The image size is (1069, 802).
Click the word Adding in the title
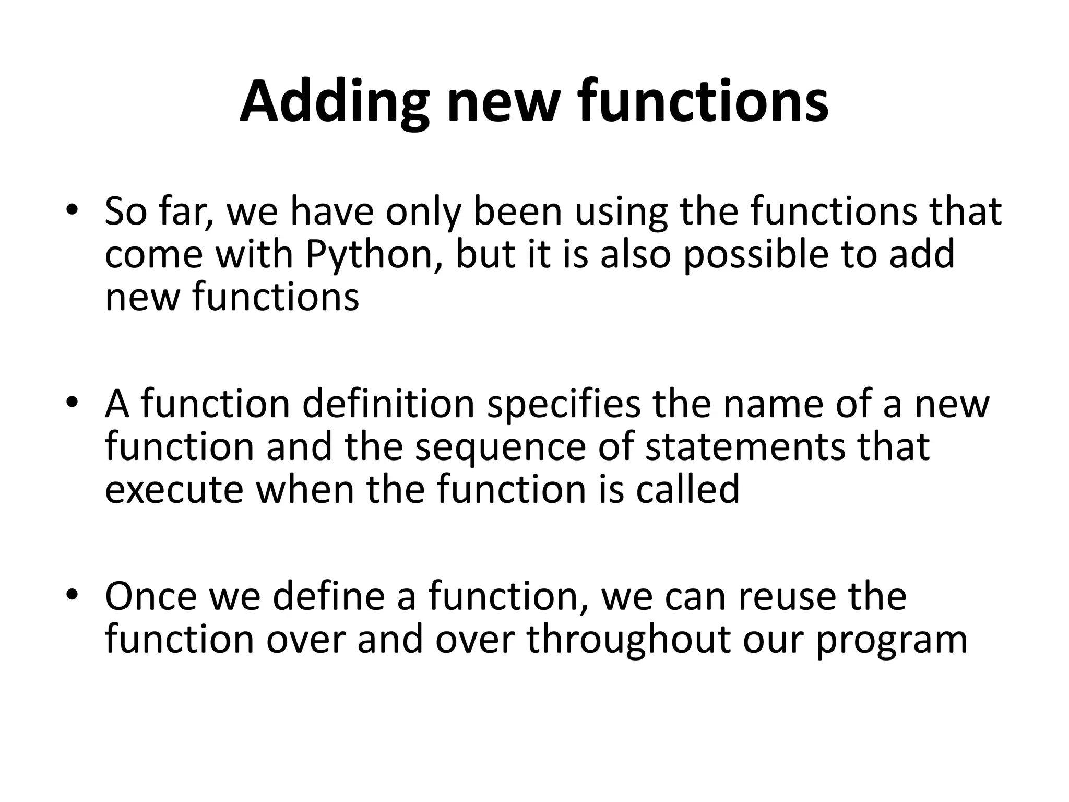pos(335,102)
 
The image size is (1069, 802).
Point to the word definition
pos(389,404)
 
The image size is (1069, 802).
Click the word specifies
pos(564,404)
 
